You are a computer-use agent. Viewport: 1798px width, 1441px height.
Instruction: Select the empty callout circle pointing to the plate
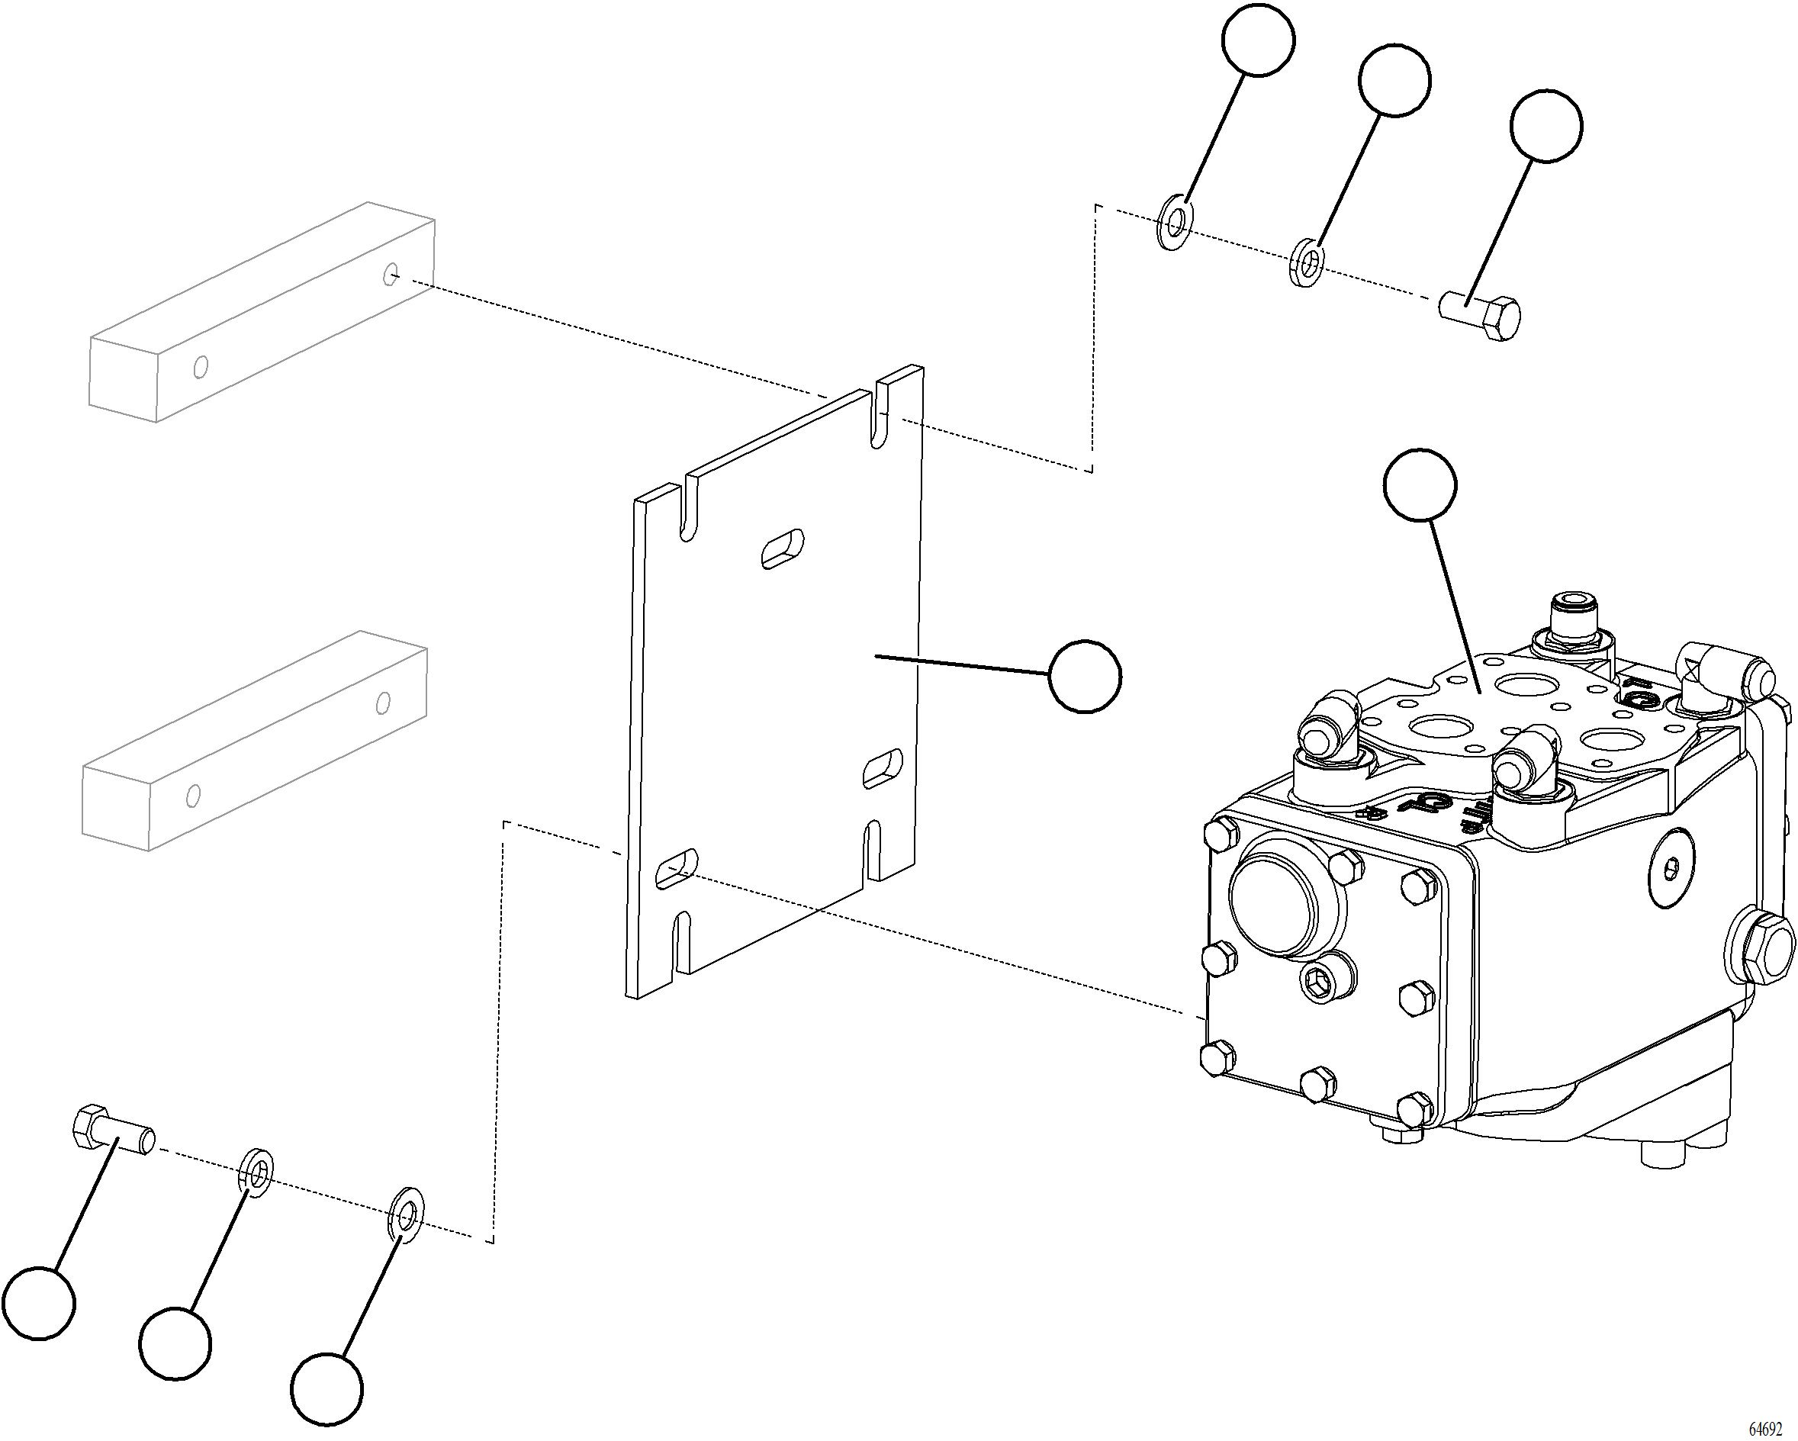pos(1084,677)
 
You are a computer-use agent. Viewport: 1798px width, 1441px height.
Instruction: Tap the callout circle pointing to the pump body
pos(1420,485)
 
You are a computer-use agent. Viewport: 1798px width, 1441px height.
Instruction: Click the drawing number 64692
pos(1764,1429)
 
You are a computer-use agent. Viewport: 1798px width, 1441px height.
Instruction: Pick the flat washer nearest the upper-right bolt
pos(1305,262)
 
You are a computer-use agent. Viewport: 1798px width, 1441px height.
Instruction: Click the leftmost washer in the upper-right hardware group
pos(1175,223)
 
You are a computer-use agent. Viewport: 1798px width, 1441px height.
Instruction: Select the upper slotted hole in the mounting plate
pos(783,549)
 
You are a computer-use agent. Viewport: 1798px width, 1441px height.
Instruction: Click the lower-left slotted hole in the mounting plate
pos(677,870)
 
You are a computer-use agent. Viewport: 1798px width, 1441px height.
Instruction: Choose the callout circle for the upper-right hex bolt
pos(1546,126)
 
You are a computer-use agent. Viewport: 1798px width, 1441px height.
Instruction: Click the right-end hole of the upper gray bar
pos(391,274)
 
